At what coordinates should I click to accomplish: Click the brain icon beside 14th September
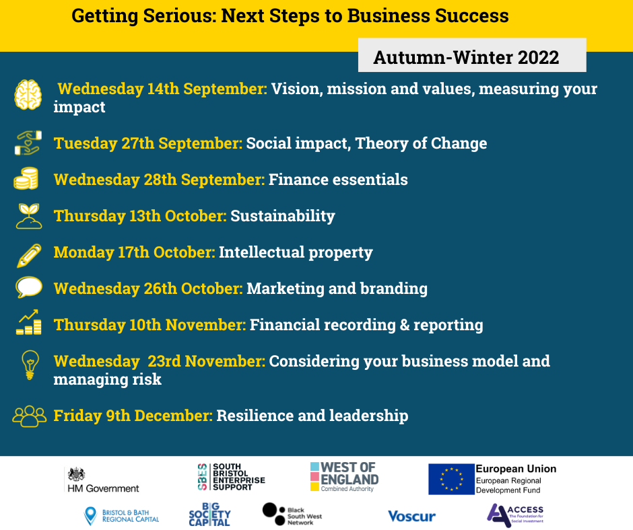[28, 95]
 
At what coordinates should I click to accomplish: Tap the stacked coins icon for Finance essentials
[26, 179]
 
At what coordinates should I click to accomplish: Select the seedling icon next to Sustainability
[29, 216]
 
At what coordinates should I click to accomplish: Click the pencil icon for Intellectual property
[29, 256]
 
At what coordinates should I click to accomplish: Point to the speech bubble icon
[29, 287]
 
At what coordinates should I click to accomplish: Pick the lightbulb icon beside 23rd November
[30, 365]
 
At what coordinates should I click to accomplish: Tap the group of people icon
[30, 416]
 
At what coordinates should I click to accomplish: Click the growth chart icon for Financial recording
[29, 322]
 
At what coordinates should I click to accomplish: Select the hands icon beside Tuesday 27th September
[28, 143]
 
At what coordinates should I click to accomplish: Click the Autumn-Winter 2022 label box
[472, 55]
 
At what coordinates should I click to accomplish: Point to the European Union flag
[451, 479]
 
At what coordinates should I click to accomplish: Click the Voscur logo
[411, 517]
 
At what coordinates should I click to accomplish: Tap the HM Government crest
[76, 474]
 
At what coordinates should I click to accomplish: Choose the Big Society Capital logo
[209, 515]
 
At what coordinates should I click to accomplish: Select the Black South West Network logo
[292, 515]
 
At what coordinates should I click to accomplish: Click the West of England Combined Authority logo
[344, 477]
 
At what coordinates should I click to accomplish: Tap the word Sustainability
[283, 216]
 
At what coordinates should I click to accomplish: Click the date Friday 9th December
[133, 416]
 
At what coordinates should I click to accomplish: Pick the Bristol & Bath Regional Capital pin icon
[90, 516]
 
